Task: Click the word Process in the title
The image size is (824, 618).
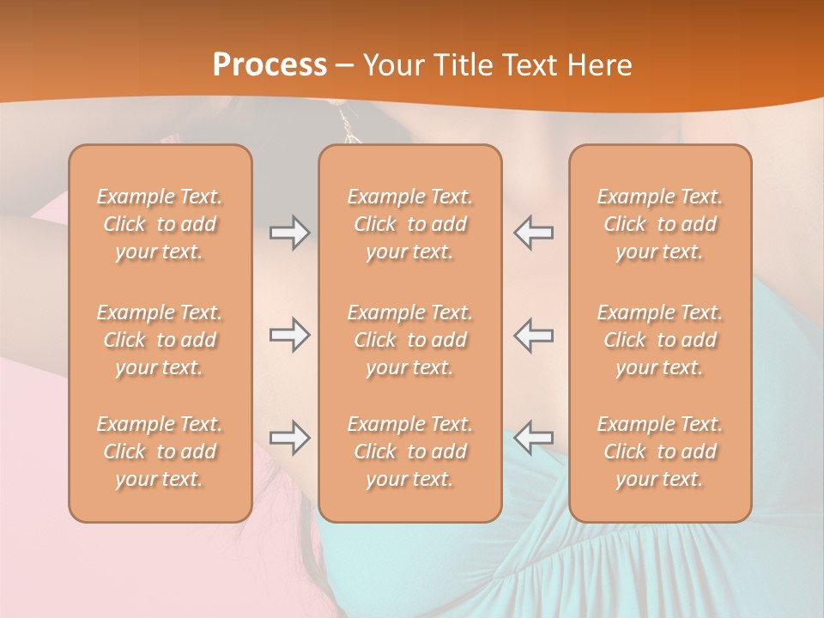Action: pos(270,65)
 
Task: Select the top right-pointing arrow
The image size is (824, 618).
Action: pos(289,233)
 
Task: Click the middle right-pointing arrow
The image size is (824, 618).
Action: pos(289,335)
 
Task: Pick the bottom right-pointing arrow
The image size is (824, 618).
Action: pos(289,438)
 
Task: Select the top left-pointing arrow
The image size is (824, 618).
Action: pos(533,233)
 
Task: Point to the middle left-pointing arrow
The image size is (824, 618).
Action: pos(533,335)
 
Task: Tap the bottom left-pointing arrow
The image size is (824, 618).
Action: pos(533,438)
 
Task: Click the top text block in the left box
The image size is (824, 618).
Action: pos(160,224)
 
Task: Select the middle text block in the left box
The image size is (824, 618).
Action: pos(160,340)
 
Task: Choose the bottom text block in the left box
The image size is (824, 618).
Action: pos(160,451)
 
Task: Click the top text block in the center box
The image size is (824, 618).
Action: pos(409,224)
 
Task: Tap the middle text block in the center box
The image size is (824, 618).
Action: pos(409,340)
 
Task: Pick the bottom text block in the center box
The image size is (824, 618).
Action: pos(409,451)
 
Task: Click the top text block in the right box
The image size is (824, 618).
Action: pos(660,224)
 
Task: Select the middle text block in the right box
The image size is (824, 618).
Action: pos(660,340)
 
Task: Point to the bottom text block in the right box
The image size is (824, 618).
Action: pos(660,451)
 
